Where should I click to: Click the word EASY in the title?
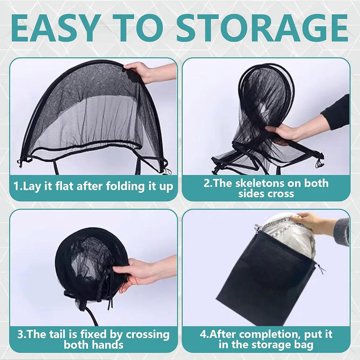56,28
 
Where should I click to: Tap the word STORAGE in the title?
263,28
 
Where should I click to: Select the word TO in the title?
139,28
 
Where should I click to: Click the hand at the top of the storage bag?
312,223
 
